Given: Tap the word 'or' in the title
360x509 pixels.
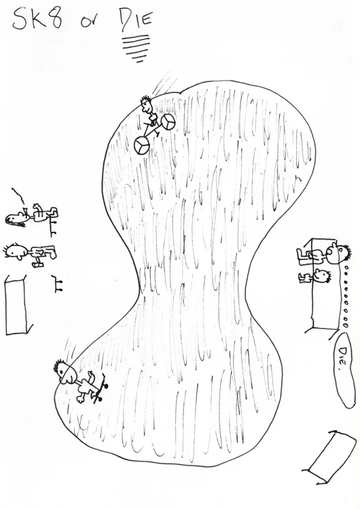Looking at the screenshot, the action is pyautogui.click(x=90, y=22).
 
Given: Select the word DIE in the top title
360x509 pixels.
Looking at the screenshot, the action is pyautogui.click(x=136, y=21).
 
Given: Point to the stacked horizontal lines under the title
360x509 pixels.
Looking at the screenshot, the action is pyautogui.click(x=136, y=48).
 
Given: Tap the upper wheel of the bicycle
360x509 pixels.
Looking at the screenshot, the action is pyautogui.click(x=168, y=122).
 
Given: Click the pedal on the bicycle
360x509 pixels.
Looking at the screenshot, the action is pyautogui.click(x=157, y=134).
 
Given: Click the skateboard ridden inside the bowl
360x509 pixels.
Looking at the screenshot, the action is pyautogui.click(x=101, y=388).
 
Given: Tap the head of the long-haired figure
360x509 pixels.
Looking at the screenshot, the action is pyautogui.click(x=16, y=219).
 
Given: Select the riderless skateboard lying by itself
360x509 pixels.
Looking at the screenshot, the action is pyautogui.click(x=58, y=283).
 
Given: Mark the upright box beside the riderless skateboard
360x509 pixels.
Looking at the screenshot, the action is pyautogui.click(x=18, y=304).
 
